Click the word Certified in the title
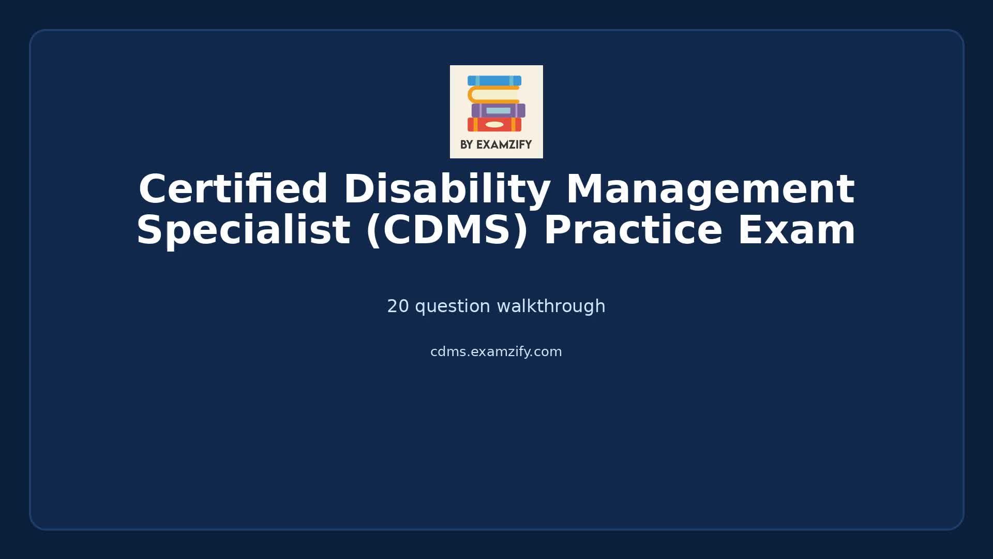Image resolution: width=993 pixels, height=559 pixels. click(233, 189)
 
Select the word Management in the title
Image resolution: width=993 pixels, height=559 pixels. click(710, 189)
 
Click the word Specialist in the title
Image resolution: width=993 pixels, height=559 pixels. click(243, 230)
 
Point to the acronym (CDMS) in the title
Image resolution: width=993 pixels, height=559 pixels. click(447, 230)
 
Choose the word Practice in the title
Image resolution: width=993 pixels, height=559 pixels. click(633, 230)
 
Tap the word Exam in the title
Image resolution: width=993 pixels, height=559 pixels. click(796, 230)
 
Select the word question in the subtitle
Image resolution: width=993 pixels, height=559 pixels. click(453, 306)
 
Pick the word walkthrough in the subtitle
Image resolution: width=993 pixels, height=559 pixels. click(551, 306)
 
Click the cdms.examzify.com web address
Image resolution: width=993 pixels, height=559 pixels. click(496, 352)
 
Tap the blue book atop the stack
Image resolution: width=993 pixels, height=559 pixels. click(494, 81)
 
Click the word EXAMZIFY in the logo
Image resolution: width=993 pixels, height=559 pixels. click(504, 145)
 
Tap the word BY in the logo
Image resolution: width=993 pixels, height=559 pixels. click(467, 145)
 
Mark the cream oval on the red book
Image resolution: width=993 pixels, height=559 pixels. click(494, 125)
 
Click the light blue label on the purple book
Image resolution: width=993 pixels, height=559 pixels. click(498, 110)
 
